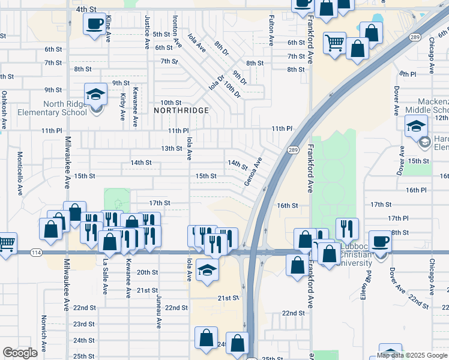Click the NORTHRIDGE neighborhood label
click(181, 110)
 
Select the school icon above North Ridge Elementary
click(95, 95)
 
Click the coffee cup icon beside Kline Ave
click(94, 25)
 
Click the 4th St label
click(86, 10)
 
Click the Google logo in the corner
click(20, 353)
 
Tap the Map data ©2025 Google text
click(412, 355)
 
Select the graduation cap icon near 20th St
click(207, 271)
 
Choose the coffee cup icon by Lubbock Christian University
click(380, 242)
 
